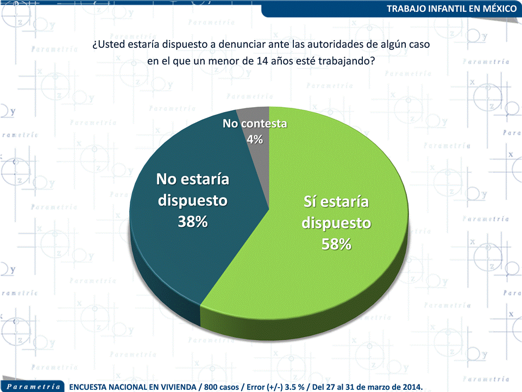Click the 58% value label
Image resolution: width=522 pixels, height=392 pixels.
coord(336,245)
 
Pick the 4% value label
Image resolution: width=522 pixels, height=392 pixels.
coord(255,140)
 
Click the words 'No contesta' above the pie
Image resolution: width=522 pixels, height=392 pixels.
coord(255,124)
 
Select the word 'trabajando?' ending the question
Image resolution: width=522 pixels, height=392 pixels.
coord(347,61)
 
